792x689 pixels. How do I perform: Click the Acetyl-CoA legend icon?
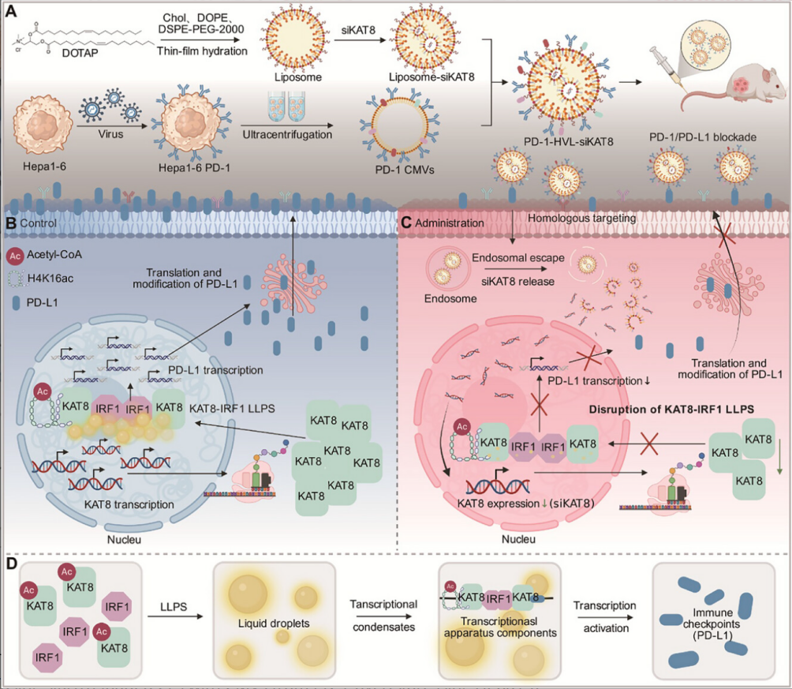(x=16, y=256)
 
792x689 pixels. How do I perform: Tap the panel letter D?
(x=12, y=564)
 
